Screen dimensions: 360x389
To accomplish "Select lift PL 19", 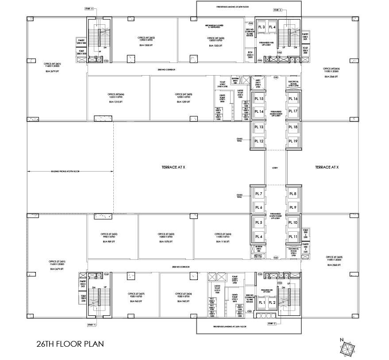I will click(293, 141).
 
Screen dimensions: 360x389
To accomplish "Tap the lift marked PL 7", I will click(258, 194).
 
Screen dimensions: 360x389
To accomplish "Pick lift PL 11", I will click(293, 237).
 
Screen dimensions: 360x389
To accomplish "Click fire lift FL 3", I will click(261, 27).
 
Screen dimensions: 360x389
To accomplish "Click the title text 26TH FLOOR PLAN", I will click(70, 343).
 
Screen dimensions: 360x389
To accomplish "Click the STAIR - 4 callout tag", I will click(89, 8).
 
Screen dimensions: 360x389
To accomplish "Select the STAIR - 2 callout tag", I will click(272, 323).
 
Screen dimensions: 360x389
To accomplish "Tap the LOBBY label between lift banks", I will click(275, 168).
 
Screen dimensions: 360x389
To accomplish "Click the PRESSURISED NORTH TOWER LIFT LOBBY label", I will click(275, 113).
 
